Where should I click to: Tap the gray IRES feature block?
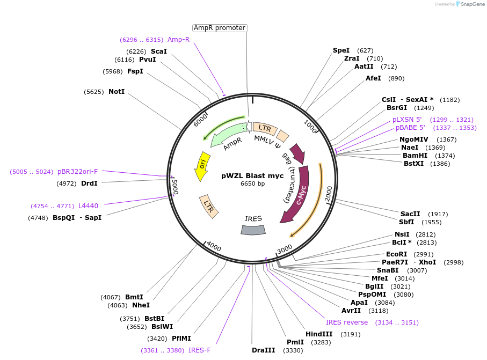coord(253,230)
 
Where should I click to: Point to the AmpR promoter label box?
coord(220,28)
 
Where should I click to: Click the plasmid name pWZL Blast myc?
coord(252,175)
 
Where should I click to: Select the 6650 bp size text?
coord(252,183)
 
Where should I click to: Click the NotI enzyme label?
coord(117,92)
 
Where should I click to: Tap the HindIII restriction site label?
coord(319,334)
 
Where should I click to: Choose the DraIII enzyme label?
coord(263,350)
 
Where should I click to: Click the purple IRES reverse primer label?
coord(347,322)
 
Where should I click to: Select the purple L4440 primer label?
coord(88,205)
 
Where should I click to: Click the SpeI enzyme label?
coord(341,50)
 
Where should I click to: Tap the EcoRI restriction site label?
coord(397,254)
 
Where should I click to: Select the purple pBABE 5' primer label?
coord(410,128)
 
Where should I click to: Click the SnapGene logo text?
coord(471,4)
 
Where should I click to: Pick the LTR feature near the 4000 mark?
coord(208,206)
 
